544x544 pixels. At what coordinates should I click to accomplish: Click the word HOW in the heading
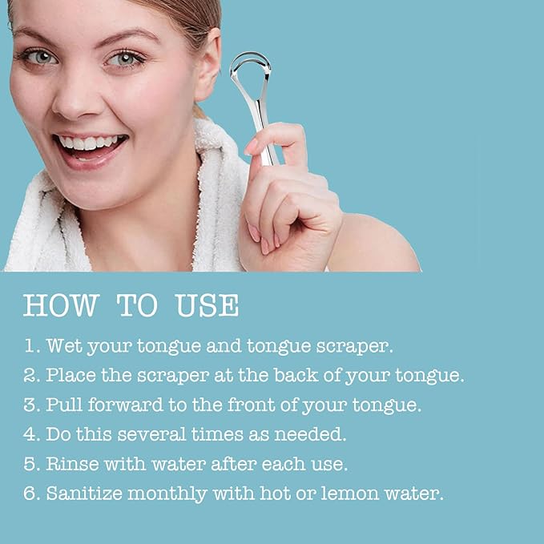point(62,305)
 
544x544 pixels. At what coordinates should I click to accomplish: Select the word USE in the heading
point(208,305)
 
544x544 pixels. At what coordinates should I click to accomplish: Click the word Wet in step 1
point(64,346)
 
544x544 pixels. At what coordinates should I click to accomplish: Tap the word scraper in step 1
point(354,347)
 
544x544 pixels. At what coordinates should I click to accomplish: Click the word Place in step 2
point(71,376)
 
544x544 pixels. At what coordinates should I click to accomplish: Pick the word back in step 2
point(296,375)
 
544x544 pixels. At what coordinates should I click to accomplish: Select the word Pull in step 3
point(64,405)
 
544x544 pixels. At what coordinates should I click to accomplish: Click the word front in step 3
point(252,405)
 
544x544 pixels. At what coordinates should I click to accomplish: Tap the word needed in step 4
point(310,434)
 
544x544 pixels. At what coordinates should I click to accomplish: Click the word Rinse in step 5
point(73,464)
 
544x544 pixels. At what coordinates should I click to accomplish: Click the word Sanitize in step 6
point(84,494)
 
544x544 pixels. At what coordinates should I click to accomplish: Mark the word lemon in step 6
point(350,493)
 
